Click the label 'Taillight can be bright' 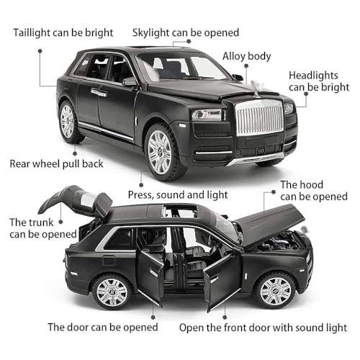[x=63, y=33]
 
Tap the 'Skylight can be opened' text [x=186, y=33]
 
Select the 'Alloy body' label [x=246, y=56]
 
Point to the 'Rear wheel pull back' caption [x=56, y=164]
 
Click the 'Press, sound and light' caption [x=178, y=195]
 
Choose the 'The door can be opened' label [x=103, y=328]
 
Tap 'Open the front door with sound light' [x=263, y=328]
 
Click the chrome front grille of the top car [x=260, y=117]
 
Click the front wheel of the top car [x=163, y=152]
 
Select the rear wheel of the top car [x=70, y=122]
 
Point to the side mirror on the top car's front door [x=130, y=81]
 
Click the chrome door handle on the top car [x=99, y=93]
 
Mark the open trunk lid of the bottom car [x=76, y=200]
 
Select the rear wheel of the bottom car [x=112, y=292]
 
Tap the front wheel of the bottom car [x=276, y=290]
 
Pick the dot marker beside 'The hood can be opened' [x=274, y=192]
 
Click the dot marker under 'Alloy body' [x=246, y=66]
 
